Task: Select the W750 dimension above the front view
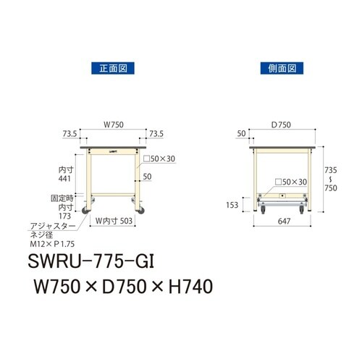[x=113, y=125]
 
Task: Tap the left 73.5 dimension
[x=70, y=134]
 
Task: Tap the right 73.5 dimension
[x=157, y=134]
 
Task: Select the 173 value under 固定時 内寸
[x=66, y=216]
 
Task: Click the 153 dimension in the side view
[x=231, y=204]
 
